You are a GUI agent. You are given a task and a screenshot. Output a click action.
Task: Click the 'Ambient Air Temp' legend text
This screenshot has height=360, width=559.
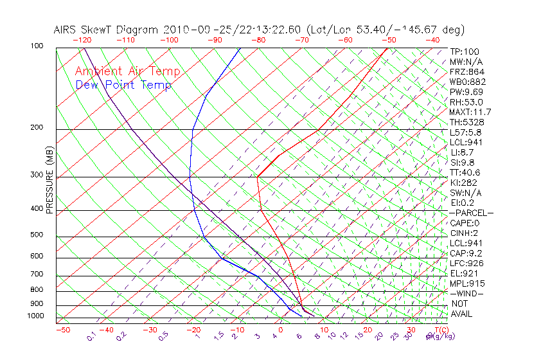click(127, 71)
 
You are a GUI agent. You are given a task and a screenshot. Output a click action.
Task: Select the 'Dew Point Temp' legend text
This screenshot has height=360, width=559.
click(123, 85)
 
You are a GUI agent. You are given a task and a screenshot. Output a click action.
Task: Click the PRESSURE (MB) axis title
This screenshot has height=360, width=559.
click(49, 181)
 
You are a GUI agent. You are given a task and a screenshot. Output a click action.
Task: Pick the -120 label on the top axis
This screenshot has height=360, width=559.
click(82, 40)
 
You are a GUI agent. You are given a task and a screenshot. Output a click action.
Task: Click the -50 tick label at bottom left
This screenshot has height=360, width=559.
click(62, 330)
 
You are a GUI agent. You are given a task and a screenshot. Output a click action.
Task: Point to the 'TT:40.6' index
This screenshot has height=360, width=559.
click(465, 172)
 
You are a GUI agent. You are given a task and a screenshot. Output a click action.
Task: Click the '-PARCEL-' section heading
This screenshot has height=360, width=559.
click(472, 213)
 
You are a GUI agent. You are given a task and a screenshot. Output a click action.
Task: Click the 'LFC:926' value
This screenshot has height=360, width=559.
click(467, 263)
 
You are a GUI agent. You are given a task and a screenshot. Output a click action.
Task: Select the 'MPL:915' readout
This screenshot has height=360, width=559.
click(467, 283)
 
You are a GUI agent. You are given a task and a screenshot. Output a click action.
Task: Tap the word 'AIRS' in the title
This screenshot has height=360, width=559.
click(66, 30)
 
